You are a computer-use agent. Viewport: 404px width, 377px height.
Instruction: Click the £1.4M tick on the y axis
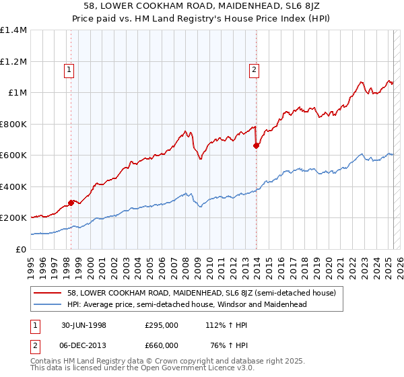[13, 30]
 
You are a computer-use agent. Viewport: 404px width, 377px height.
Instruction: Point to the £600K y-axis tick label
[13, 156]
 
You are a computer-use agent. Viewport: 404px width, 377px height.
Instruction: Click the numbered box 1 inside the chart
[70, 68]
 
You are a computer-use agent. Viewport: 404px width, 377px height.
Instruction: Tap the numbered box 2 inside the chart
[254, 68]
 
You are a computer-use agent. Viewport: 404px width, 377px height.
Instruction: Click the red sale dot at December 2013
[256, 145]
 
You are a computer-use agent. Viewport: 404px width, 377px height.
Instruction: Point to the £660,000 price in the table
[162, 345]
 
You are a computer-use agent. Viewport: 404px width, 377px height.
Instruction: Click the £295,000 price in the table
[162, 324]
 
